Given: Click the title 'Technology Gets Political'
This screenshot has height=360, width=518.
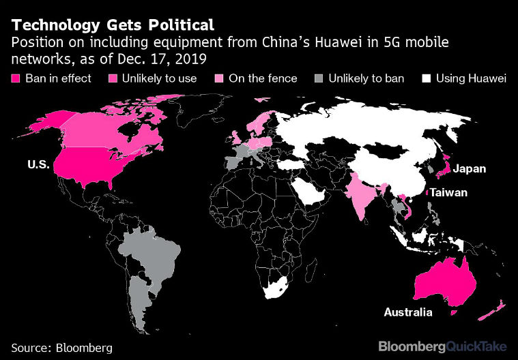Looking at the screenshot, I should tap(113, 25).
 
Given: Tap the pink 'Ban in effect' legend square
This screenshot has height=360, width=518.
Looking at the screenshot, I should tap(16, 78).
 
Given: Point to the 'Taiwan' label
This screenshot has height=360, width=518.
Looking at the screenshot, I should tap(448, 193).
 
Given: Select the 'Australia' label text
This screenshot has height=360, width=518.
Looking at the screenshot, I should tap(408, 312).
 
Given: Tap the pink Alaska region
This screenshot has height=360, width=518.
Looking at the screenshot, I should tap(44, 123).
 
